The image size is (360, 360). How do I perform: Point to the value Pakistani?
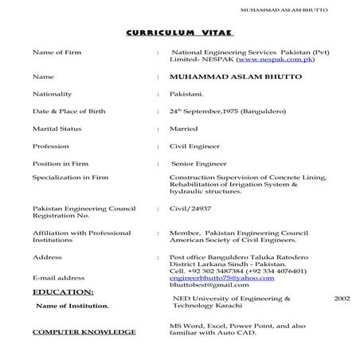[186, 93]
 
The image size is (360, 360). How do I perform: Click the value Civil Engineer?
[196, 146]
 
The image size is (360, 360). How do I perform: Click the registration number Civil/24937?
[194, 209]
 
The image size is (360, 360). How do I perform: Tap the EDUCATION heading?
[62, 293]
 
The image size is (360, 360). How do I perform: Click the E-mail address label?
[58, 277]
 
